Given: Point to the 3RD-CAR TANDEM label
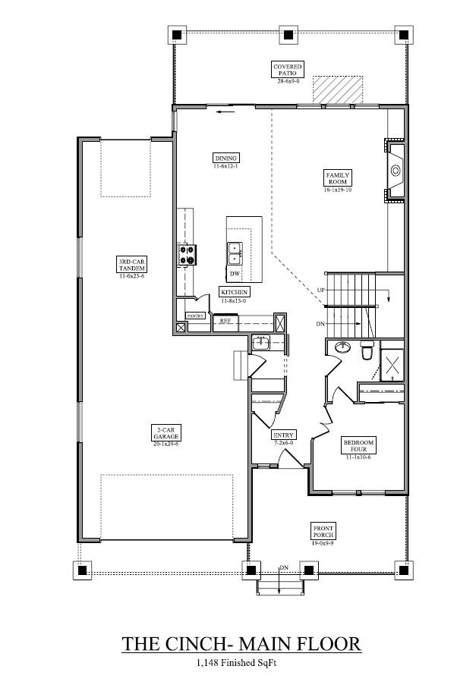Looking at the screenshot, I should (131, 265).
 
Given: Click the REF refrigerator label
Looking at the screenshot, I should (225, 322).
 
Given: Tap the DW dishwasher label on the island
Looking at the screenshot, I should (235, 273).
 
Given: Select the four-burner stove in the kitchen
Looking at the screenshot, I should (185, 255).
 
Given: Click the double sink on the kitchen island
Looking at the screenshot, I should (235, 253).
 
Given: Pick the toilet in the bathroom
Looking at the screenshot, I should (366, 351).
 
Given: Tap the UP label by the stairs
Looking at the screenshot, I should (321, 291).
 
